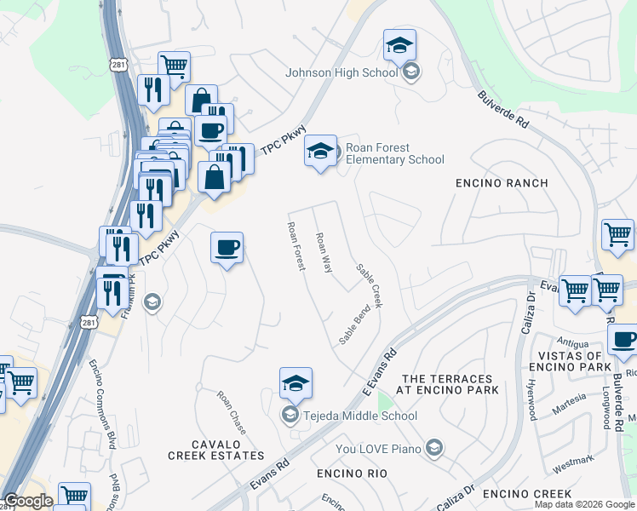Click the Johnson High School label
(x=341, y=72)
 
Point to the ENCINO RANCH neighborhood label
(x=502, y=183)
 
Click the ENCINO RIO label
(x=352, y=473)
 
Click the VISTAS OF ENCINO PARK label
(x=565, y=361)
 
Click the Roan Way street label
(x=324, y=253)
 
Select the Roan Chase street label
(x=232, y=412)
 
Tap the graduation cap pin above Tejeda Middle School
(x=296, y=383)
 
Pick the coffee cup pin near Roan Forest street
(x=227, y=248)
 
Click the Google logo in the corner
(x=28, y=501)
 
